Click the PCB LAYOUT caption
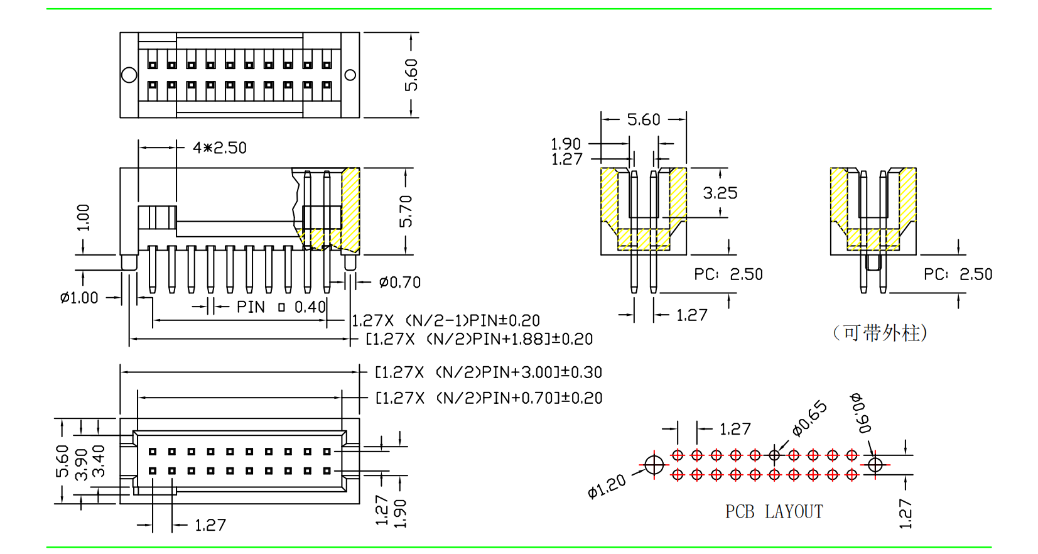pyautogui.click(x=774, y=512)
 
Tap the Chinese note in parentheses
pyautogui.click(x=880, y=333)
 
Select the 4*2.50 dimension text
pyautogui.click(x=220, y=148)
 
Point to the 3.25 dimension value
pyautogui.click(x=720, y=193)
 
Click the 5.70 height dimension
pyautogui.click(x=406, y=211)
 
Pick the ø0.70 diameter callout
pyautogui.click(x=400, y=283)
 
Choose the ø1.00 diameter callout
pyautogui.click(x=79, y=298)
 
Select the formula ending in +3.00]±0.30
pyautogui.click(x=488, y=372)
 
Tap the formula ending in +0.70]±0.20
pyautogui.click(x=488, y=398)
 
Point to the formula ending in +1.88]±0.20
pyautogui.click(x=479, y=339)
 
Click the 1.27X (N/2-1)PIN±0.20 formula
pyautogui.click(x=446, y=321)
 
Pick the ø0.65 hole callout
pyautogui.click(x=809, y=418)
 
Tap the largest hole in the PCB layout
pyautogui.click(x=654, y=465)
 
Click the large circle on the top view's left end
pyautogui.click(x=129, y=75)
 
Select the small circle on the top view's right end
pyautogui.click(x=350, y=75)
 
